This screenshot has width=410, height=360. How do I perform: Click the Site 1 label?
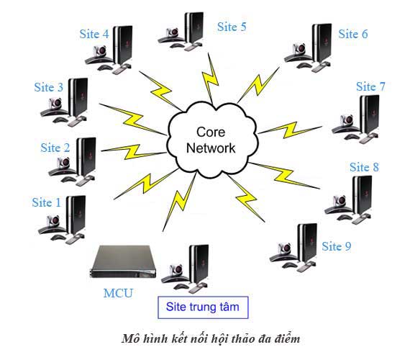(46, 202)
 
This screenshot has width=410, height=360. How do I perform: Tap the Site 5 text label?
(232, 27)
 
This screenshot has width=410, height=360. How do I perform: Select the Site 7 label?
(370, 86)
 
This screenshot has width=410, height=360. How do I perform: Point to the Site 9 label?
(336, 246)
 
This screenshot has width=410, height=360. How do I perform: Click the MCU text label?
(118, 293)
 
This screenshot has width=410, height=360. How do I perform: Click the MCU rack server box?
(122, 262)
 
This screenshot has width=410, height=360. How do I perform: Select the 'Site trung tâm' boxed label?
(203, 307)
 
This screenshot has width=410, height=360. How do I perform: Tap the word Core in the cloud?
(211, 132)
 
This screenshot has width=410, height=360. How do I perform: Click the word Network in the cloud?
(211, 148)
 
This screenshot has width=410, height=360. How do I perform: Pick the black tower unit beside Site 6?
(322, 43)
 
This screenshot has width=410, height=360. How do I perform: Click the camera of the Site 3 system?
(55, 104)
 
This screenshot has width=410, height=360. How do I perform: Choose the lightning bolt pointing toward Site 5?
(210, 78)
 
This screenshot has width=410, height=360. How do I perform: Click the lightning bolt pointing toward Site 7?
(290, 130)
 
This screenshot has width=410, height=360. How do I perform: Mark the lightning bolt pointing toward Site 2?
(134, 151)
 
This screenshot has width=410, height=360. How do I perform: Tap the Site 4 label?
(94, 34)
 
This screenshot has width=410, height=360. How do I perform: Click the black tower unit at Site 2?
(86, 157)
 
